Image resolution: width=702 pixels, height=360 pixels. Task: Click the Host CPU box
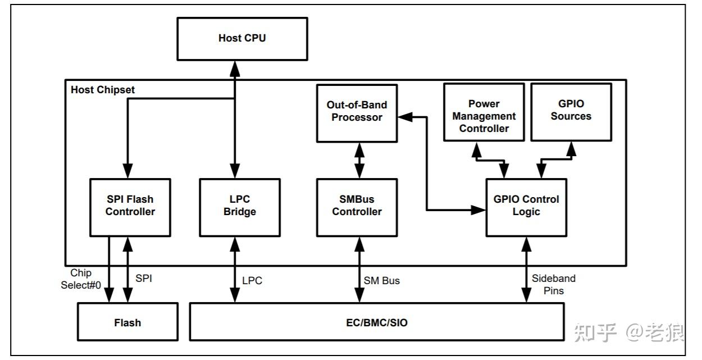point(242,39)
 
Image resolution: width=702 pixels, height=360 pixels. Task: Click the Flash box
point(127,322)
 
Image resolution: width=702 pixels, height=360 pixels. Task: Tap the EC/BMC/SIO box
point(376,322)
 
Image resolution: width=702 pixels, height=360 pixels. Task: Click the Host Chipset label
point(103,90)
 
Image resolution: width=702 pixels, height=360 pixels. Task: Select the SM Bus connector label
point(382,280)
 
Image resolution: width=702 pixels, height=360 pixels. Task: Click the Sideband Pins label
point(553,284)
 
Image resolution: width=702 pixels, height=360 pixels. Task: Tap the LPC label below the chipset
point(252,280)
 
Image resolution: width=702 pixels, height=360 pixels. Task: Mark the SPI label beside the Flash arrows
point(144,278)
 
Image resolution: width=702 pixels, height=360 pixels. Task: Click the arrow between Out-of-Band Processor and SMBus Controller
point(357,161)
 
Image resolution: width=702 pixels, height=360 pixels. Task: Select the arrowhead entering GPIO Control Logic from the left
point(479,210)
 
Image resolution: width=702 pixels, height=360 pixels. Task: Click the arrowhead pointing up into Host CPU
point(235,67)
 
